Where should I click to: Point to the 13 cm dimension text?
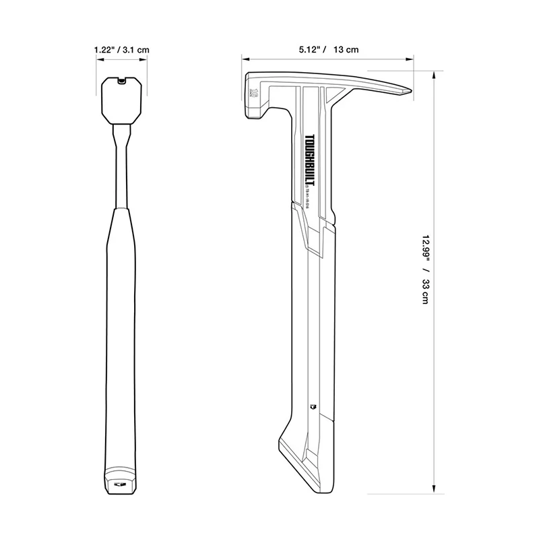tap(346, 50)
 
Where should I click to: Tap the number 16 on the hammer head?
tap(255, 94)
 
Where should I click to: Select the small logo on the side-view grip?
tap(312, 406)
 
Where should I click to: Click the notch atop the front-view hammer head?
tap(121, 81)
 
